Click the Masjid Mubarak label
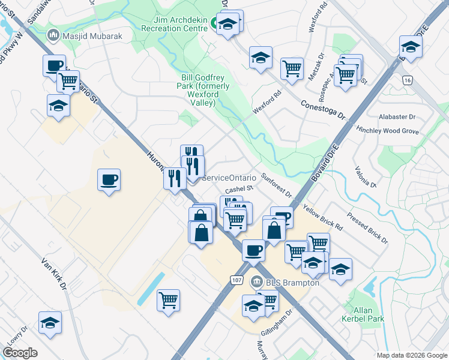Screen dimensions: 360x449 [92, 36]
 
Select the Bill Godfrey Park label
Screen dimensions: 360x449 [205, 90]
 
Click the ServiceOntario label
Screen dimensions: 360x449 [229, 178]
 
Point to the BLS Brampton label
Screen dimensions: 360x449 [292, 282]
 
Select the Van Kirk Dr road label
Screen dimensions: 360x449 [53, 275]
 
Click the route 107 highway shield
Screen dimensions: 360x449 [237, 280]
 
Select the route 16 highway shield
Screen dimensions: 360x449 [408, 80]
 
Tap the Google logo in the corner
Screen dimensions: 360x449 [20, 353]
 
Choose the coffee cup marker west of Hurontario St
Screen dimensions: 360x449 [109, 179]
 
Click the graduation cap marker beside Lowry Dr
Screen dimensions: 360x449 [50, 322]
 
